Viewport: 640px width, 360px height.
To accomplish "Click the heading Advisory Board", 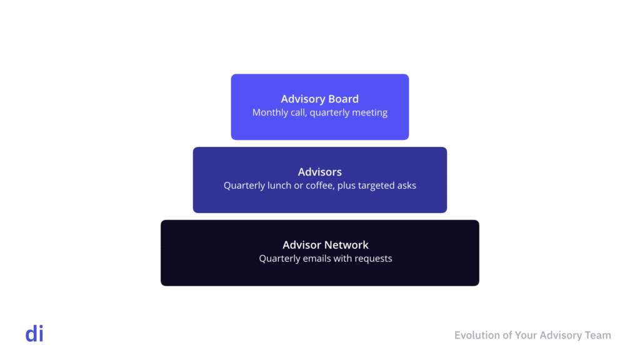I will [x=319, y=99].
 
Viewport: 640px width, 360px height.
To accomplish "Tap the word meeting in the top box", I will [x=369, y=112].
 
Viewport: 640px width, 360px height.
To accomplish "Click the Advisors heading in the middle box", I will [x=319, y=172].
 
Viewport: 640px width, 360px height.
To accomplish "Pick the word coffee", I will [x=319, y=186].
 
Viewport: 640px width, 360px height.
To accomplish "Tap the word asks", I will [x=406, y=186].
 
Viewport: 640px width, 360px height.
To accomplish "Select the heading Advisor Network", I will [x=326, y=245].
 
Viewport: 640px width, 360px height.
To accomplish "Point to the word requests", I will [x=373, y=259].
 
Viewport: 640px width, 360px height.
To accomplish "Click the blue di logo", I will [x=34, y=334].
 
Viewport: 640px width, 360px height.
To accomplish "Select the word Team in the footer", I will [x=597, y=336].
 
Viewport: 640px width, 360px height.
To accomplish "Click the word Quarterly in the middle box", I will [x=244, y=186].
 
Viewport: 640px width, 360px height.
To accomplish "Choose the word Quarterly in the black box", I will [x=279, y=259].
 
